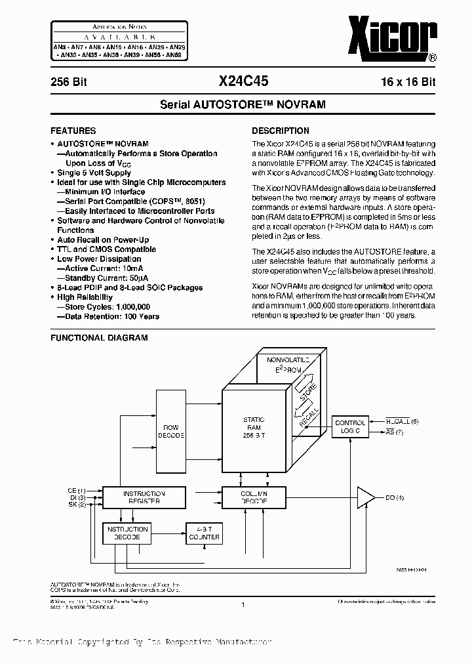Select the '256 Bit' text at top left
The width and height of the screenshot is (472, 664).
[69, 83]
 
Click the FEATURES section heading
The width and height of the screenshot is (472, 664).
[73, 131]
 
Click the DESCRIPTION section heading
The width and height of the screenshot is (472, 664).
[281, 131]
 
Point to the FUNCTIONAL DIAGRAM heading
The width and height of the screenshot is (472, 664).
[99, 338]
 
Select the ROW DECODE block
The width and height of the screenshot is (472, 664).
[171, 430]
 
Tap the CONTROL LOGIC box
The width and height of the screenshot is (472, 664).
[350, 427]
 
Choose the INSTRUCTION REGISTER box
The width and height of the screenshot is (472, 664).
[145, 497]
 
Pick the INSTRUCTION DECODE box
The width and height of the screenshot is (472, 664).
[127, 532]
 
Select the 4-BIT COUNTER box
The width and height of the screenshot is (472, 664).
[204, 532]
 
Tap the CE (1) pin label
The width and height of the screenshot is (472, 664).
[77, 490]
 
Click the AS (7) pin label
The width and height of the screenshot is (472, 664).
[395, 432]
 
